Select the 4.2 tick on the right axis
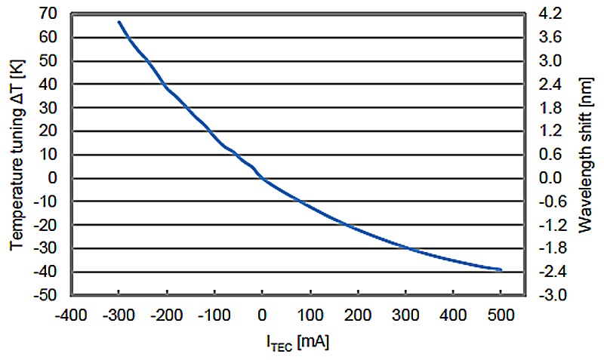click(545, 14)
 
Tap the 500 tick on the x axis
click(501, 313)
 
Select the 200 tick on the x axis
click(357, 313)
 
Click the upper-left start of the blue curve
click(119, 22)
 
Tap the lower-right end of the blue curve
click(500, 269)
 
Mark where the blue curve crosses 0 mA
click(262, 179)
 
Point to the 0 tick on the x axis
click(262, 313)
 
